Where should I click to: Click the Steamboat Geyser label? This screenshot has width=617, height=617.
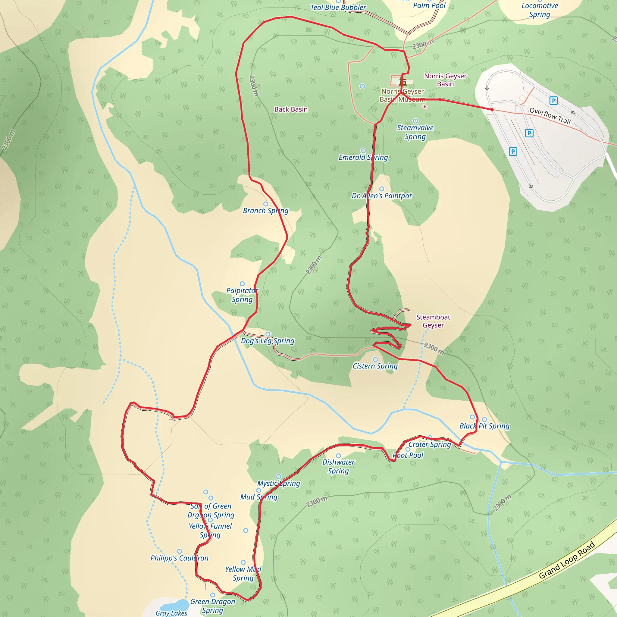(433, 321)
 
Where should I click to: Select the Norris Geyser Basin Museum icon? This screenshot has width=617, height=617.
(403, 82)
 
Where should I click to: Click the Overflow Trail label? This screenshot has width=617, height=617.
(550, 116)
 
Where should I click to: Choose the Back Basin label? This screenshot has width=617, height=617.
(291, 109)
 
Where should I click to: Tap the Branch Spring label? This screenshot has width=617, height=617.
(265, 211)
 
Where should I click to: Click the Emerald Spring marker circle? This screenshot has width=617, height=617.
(363, 151)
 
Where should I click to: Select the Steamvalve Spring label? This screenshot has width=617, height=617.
(415, 132)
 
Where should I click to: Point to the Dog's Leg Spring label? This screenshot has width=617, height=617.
(268, 341)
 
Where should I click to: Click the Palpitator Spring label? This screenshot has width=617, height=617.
(242, 295)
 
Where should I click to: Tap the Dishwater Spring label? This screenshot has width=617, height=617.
(339, 466)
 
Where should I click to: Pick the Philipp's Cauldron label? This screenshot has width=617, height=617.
(180, 558)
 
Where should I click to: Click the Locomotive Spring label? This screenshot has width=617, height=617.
(540, 10)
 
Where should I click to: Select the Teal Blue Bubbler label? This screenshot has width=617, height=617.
(338, 7)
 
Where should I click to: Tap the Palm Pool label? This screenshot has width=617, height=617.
(429, 5)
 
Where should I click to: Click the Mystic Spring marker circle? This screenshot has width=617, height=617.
(278, 477)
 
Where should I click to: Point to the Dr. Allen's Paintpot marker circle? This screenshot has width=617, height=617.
(382, 189)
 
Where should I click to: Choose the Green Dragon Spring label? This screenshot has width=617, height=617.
(213, 606)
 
